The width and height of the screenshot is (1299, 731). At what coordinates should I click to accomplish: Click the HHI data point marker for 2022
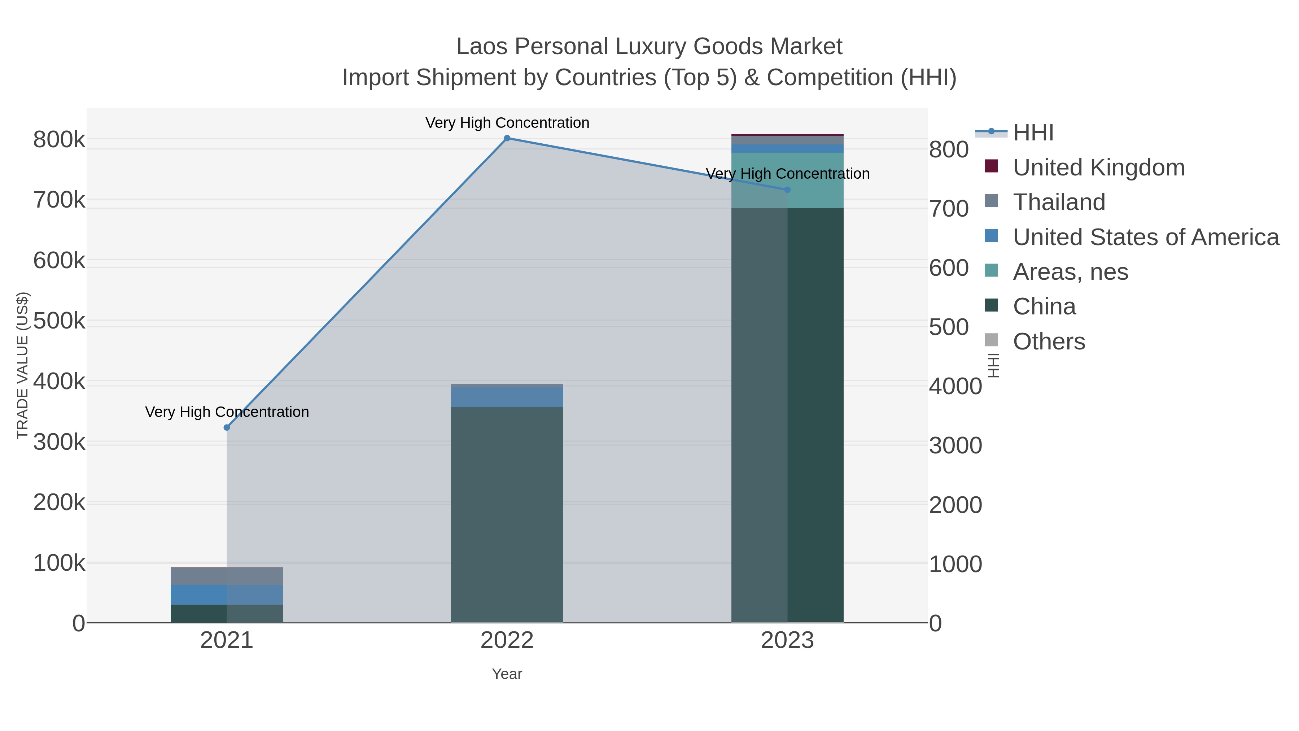[507, 138]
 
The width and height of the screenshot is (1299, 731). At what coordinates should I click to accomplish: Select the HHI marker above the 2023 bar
[787, 190]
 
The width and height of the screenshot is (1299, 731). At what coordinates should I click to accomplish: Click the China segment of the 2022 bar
[507, 514]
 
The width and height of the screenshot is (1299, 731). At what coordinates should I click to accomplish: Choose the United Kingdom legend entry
[1098, 167]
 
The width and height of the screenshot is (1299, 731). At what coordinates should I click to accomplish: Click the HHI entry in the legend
[1033, 133]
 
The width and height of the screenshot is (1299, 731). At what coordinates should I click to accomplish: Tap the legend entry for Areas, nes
[1070, 272]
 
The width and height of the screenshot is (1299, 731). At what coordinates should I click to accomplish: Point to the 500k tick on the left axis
[59, 321]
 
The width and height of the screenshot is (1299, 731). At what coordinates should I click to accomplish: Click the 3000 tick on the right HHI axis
[955, 445]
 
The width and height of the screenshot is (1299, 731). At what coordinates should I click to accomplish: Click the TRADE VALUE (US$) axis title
[23, 365]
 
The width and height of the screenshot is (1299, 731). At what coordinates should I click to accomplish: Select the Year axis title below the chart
[507, 674]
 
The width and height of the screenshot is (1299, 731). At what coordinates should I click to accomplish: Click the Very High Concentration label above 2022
[507, 123]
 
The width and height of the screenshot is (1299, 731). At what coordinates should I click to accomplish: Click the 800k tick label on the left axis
[59, 140]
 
